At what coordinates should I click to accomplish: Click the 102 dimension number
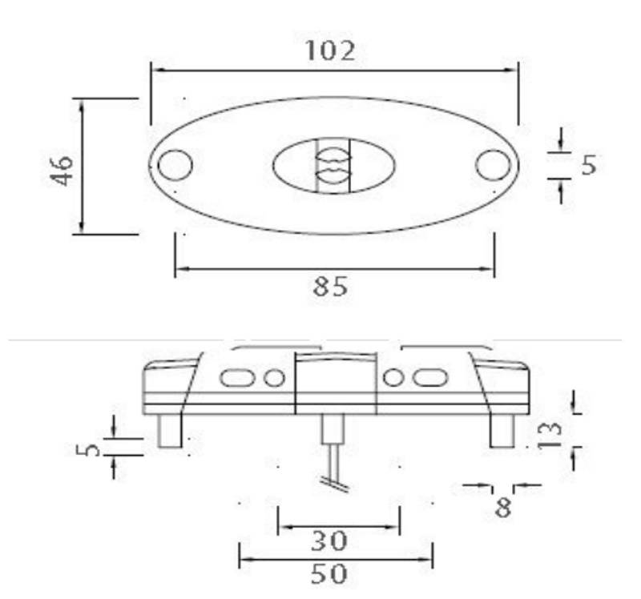pos(329,50)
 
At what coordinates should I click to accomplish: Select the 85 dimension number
pos(330,287)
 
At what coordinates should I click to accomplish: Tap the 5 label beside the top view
pos(589,165)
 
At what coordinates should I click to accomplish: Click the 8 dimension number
pos(503,507)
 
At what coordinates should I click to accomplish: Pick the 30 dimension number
pos(329,542)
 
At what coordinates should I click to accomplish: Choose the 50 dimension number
pos(329,573)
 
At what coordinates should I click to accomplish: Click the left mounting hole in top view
pos(175,165)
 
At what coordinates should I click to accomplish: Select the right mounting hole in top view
pos(493,165)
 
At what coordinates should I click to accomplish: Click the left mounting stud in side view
pos(169,431)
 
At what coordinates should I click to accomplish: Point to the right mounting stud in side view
pos(502,431)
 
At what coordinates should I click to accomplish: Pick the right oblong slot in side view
pos(430,377)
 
